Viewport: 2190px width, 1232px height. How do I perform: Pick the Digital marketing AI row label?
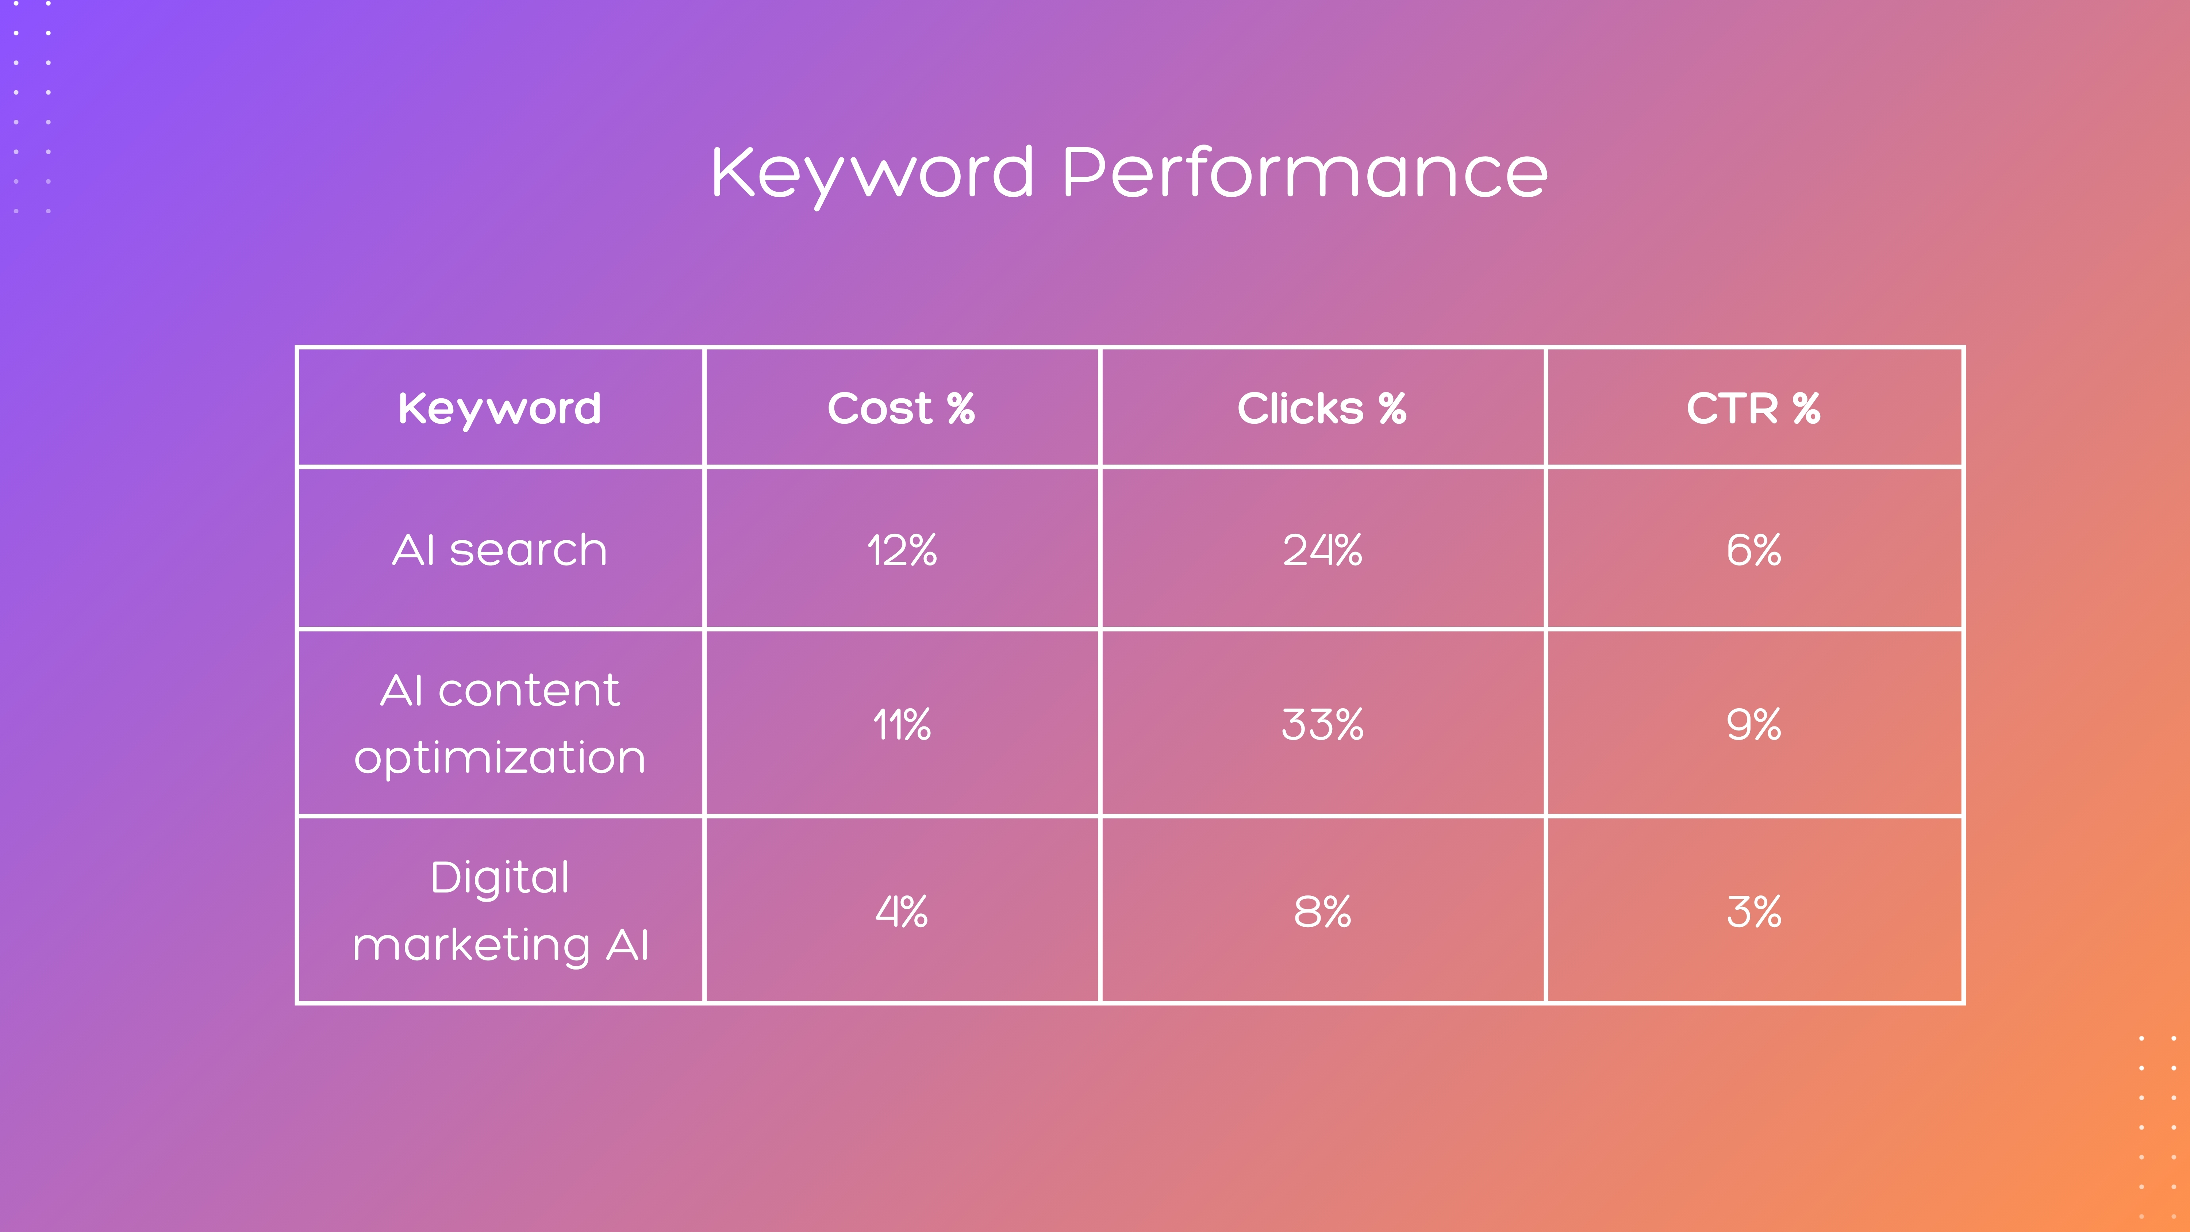(500, 911)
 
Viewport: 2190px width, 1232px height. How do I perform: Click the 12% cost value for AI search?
(901, 550)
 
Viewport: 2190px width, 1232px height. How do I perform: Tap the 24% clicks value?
(1322, 550)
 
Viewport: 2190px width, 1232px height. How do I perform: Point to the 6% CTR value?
(1753, 550)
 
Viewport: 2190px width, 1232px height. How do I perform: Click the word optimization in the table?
(500, 757)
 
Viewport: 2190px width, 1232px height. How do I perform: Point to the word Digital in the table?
(500, 878)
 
